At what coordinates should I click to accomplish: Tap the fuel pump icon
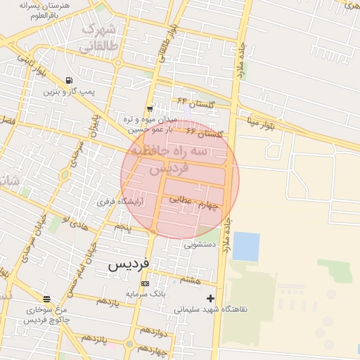click(x=68, y=80)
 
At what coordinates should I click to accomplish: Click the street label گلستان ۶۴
click(x=191, y=101)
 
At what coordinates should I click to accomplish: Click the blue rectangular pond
click(x=245, y=246)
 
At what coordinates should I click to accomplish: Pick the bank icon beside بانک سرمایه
click(x=145, y=283)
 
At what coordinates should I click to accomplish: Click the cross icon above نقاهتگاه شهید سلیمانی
click(x=210, y=298)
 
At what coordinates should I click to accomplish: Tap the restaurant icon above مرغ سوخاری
click(x=46, y=299)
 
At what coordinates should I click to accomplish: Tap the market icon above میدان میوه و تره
click(x=149, y=109)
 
